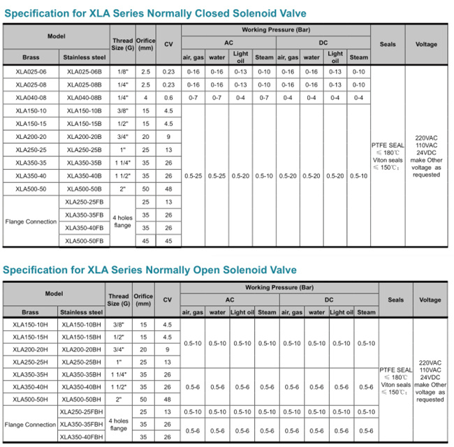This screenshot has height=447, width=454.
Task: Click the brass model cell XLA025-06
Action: click(29, 72)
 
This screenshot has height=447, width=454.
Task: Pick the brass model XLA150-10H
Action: click(30, 325)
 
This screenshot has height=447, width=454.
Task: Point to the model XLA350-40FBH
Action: click(81, 437)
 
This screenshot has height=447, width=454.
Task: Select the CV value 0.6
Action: click(168, 97)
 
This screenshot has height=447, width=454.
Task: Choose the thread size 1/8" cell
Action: click(122, 72)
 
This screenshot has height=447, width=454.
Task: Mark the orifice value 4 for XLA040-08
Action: click(145, 97)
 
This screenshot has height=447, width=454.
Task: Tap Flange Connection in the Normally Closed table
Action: click(31, 221)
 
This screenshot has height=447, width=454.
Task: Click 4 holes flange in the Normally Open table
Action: click(119, 425)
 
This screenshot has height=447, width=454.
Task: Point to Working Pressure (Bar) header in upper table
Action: click(275, 30)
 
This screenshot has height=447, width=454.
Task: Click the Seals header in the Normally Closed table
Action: click(388, 44)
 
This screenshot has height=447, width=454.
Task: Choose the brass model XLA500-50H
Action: click(30, 400)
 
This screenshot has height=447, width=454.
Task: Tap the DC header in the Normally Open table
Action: click(329, 300)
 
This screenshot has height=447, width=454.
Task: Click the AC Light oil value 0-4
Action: click(240, 97)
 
